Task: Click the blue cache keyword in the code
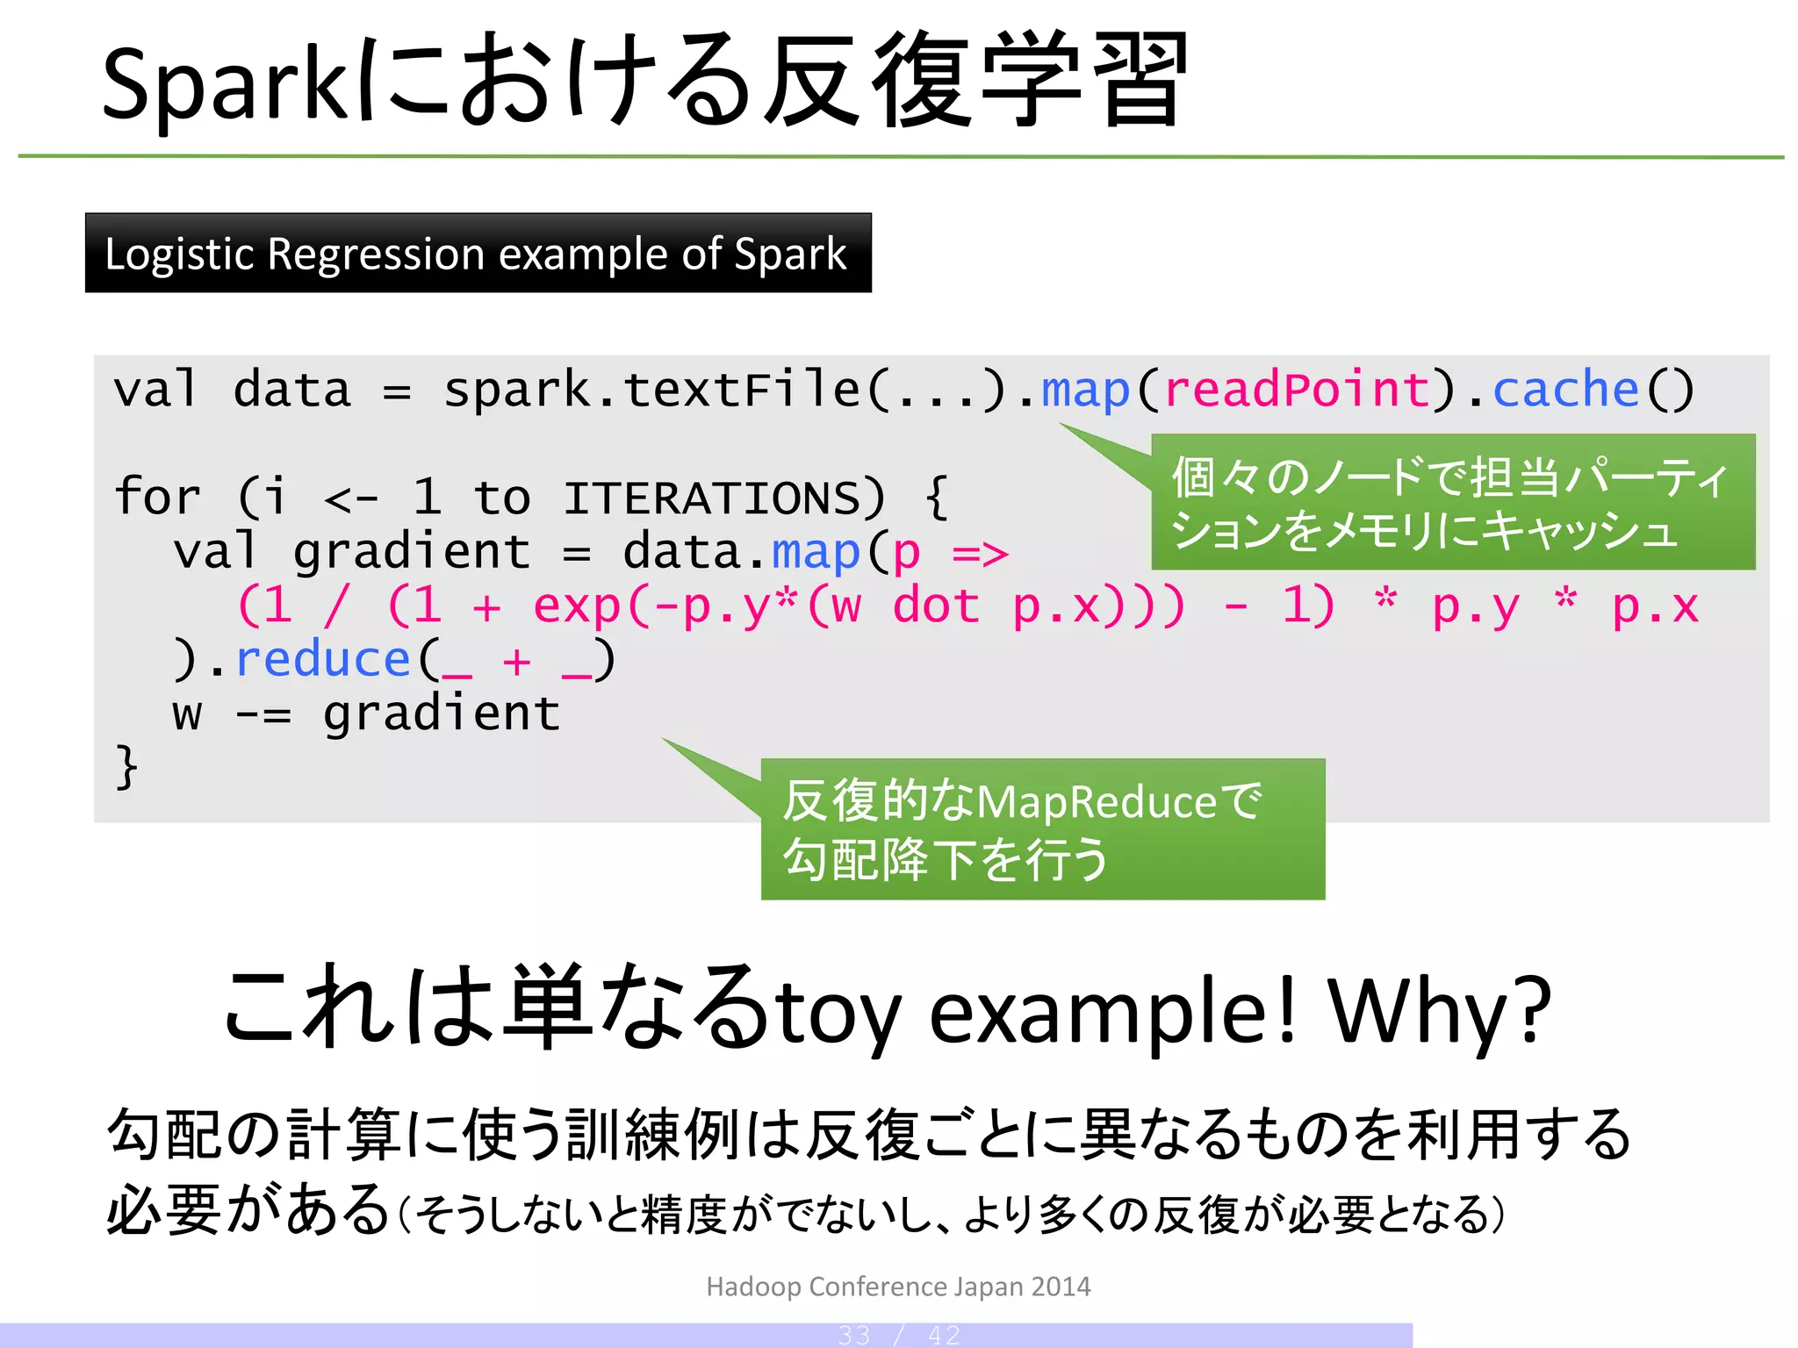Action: coord(1565,390)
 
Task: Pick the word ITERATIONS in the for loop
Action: coord(723,498)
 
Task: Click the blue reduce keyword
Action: coord(323,660)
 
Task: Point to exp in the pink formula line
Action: coord(577,606)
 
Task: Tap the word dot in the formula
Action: coord(936,606)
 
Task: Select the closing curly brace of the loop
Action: coord(126,767)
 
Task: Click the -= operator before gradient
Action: coord(263,714)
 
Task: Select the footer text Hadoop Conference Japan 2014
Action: coord(898,1287)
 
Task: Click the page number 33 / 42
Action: coord(898,1336)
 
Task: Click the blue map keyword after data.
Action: coord(815,553)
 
